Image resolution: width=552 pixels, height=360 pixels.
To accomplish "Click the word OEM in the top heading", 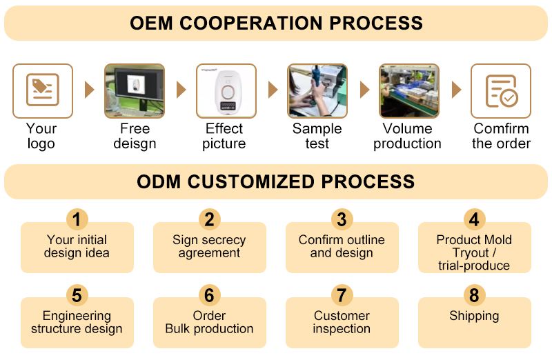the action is pos(151,23).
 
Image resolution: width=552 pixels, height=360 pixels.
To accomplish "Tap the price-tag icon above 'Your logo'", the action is pos(43,90).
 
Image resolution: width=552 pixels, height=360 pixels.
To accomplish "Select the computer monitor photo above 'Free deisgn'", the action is pos(135,91).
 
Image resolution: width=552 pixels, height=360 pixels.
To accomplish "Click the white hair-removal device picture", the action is pos(226,91).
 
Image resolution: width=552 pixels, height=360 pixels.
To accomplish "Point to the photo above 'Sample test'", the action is pos(317,91).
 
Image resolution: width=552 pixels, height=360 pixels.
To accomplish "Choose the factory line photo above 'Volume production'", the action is pos(409,91).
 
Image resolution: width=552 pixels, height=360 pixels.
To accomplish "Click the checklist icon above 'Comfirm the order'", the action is pos(502,91).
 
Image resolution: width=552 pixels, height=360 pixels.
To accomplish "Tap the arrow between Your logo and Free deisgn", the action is pos(90,90).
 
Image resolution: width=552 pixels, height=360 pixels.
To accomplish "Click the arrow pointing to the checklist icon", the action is pos(456,90).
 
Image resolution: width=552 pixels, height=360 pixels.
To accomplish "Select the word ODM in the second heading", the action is pos(159,182).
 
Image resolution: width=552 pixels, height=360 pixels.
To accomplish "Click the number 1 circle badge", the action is pos(77,219).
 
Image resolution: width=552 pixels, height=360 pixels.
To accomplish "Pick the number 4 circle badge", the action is pos(474,219).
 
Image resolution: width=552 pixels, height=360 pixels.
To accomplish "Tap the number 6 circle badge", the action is pos(210,295).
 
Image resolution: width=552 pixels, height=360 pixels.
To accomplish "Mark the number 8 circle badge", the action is pos(474,295).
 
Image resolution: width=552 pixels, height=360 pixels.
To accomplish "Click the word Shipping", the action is pos(474,317).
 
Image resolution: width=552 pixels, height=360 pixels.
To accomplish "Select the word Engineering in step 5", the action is pos(77,317).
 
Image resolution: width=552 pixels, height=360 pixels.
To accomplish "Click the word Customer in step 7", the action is pos(342,316).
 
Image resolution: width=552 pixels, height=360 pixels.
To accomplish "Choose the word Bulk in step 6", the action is pos(178,329).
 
